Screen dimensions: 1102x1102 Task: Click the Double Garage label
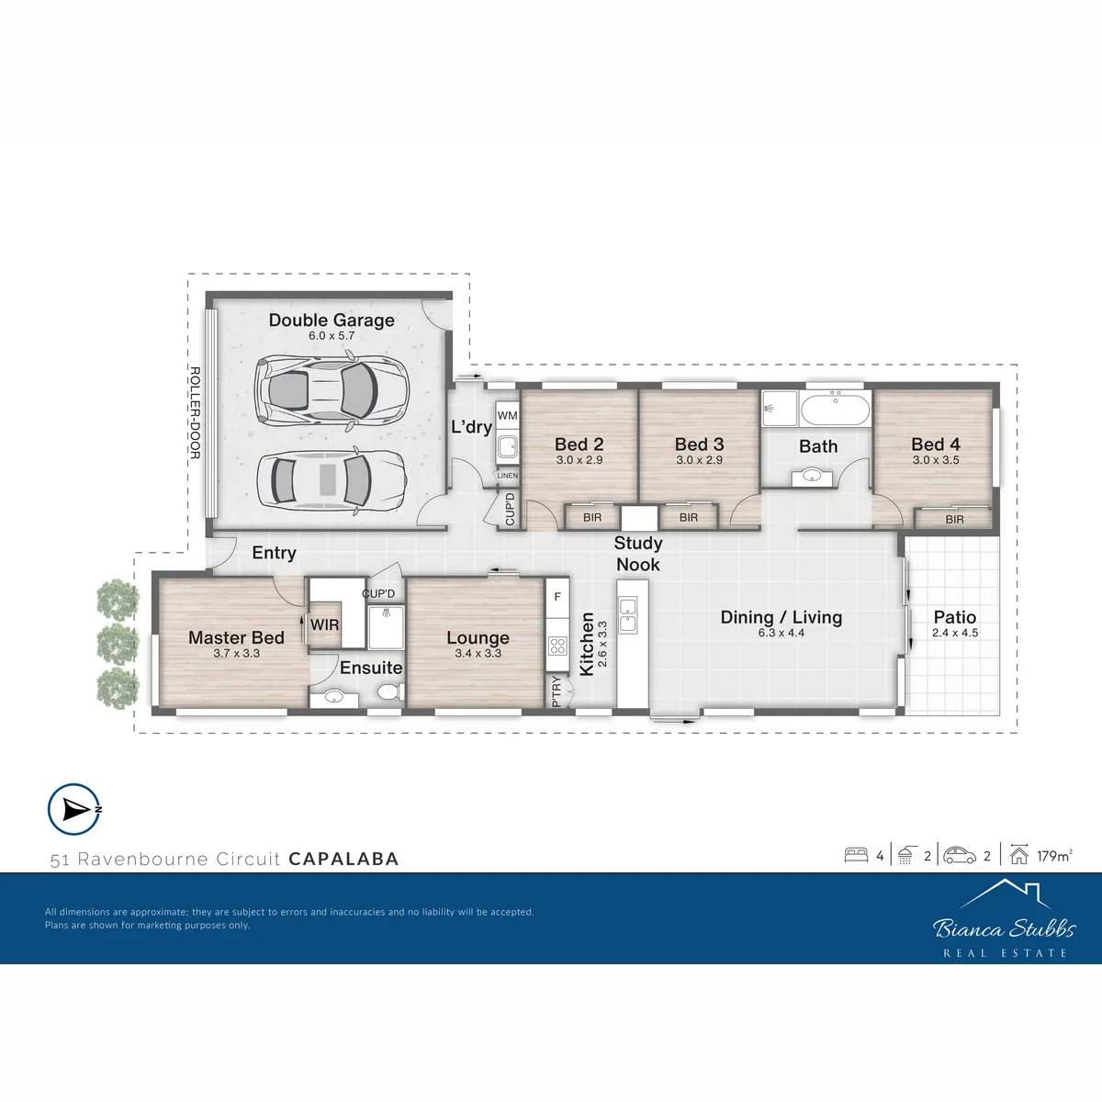(x=332, y=320)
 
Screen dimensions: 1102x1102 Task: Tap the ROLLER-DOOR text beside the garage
(x=195, y=413)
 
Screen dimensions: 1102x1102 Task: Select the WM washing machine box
(x=507, y=416)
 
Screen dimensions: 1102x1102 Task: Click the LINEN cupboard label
(x=507, y=475)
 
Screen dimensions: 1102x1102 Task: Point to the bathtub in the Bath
(x=835, y=410)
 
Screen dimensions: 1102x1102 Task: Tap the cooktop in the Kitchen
(x=557, y=647)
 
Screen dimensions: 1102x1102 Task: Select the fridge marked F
(x=557, y=598)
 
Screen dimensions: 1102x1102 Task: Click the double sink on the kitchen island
(x=627, y=614)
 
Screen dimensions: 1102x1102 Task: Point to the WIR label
(x=325, y=625)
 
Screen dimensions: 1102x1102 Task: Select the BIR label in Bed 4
(x=954, y=519)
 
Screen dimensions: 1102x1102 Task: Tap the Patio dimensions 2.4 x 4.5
(x=955, y=633)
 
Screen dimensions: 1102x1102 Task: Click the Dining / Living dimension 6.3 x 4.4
(x=782, y=633)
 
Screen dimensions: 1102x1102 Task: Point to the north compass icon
(x=74, y=810)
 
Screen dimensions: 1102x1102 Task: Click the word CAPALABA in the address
(x=343, y=859)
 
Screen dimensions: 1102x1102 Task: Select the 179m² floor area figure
(x=1054, y=856)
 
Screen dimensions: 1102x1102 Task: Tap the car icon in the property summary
(x=960, y=855)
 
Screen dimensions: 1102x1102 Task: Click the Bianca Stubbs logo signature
(x=1005, y=928)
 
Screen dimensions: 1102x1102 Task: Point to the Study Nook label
(x=638, y=554)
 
